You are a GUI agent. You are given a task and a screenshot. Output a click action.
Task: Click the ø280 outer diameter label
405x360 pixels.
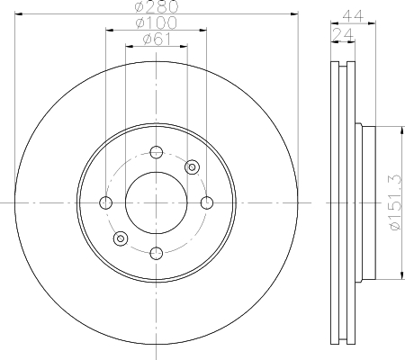point(157,6)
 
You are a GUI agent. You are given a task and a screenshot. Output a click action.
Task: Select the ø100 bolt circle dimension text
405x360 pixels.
point(156,22)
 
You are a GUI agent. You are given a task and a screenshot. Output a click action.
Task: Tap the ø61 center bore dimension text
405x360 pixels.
point(157,40)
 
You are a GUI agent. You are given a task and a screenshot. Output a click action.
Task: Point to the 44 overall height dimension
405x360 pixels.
point(353,15)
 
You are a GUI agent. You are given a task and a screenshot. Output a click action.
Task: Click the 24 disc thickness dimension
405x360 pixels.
point(343,35)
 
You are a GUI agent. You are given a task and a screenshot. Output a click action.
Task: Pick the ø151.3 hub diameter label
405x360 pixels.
point(396,202)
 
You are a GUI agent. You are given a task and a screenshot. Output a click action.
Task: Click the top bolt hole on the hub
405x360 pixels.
point(157,152)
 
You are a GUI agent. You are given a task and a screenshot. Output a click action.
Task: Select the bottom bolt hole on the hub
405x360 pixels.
point(157,254)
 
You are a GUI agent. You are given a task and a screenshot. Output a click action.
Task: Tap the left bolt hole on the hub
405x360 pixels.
point(105,202)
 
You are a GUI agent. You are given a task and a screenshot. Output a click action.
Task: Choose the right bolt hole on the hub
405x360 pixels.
point(207,202)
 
